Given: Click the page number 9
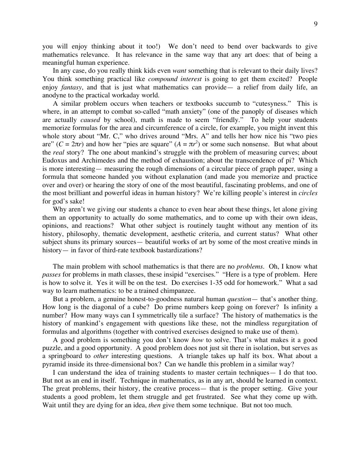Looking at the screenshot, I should coord(316,24).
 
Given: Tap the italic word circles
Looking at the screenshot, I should coord(308,193).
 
